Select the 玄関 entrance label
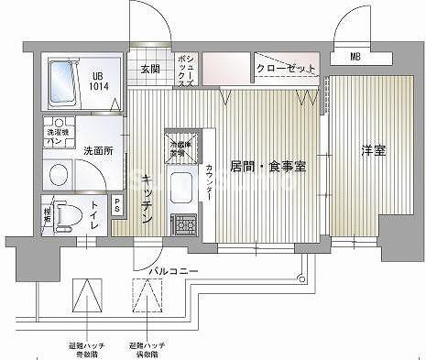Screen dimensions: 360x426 pyautogui.click(x=150, y=68)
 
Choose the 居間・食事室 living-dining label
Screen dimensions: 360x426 pyautogui.click(x=268, y=167)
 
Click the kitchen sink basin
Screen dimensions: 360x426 pyautogui.click(x=180, y=186)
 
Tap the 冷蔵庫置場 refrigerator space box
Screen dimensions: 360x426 pyautogui.click(x=179, y=146)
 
